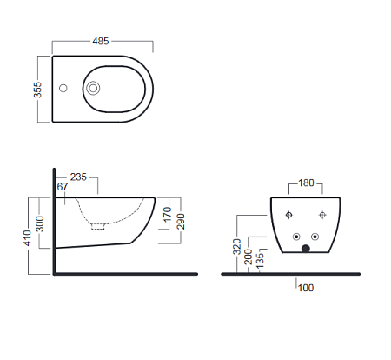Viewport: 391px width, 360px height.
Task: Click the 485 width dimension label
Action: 101,41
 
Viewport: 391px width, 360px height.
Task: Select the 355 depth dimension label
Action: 37,90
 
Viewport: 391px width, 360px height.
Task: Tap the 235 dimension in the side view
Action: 78,177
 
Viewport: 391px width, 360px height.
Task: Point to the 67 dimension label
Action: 63,187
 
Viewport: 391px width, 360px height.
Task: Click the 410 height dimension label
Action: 27,237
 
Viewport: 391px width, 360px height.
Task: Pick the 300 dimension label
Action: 40,223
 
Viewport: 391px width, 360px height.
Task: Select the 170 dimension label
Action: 168,214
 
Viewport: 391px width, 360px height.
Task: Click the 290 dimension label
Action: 181,222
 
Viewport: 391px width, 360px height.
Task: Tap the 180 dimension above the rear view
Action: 306,183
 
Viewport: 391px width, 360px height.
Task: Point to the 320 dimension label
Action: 237,247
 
